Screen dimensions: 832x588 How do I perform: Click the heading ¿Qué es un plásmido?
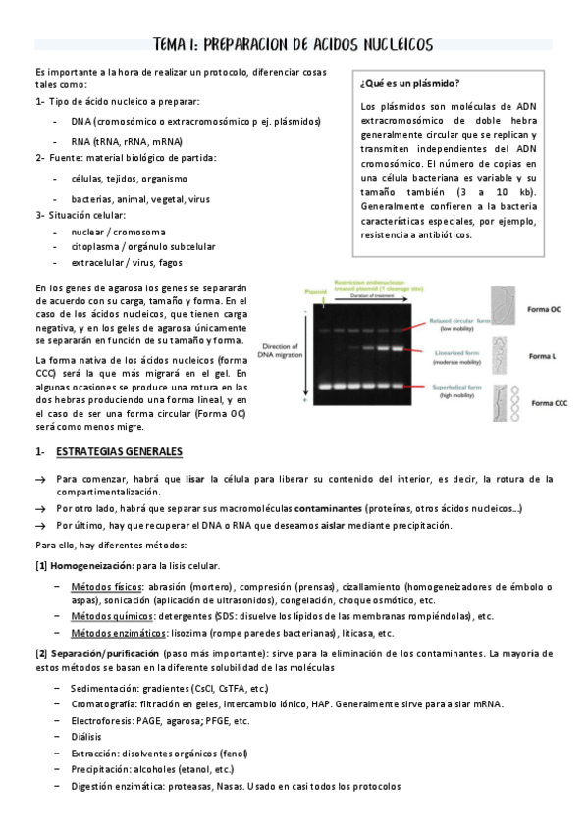pos(411,83)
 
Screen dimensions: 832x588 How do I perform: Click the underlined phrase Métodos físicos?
pos(106,586)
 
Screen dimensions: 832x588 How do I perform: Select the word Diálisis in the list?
pos(88,736)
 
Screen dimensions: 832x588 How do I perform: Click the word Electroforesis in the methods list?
pos(102,720)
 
